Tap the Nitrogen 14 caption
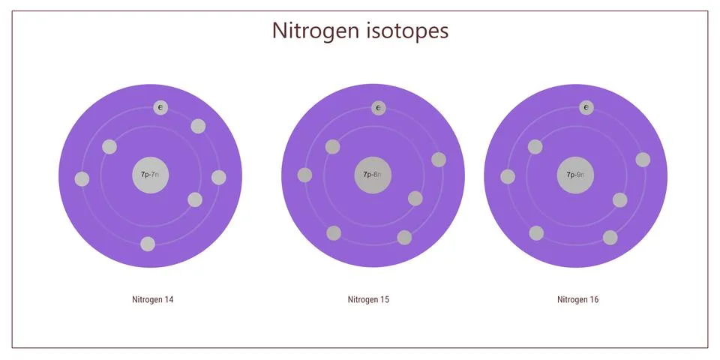point(153,300)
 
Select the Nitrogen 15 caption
point(368,300)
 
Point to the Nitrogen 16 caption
point(577,300)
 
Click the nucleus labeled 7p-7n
point(151,175)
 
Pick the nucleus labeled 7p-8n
point(373,175)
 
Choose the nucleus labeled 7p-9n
point(575,175)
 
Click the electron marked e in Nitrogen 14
point(160,108)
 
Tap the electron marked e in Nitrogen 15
point(378,108)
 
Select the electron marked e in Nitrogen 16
point(586,108)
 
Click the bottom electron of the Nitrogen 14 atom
point(148,244)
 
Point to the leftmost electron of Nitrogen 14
point(82,179)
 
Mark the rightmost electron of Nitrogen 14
point(218,178)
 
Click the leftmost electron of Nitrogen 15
point(305,175)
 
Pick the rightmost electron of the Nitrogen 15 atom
point(439,160)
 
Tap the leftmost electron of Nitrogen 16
point(508,177)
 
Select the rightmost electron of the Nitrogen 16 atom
point(643,160)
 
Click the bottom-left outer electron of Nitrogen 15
point(334,233)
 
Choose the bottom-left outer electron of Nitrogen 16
point(536,233)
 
